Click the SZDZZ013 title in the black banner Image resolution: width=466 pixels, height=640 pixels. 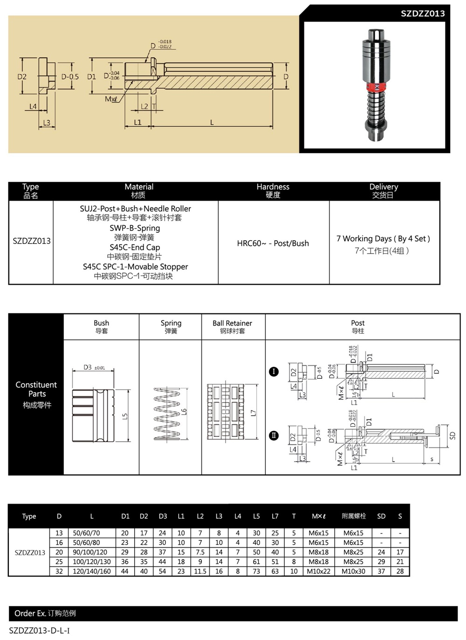(422, 14)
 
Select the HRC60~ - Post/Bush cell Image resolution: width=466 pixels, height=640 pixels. (273, 243)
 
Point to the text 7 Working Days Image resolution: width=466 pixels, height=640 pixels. (364, 238)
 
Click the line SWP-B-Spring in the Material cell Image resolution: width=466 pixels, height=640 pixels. (135, 228)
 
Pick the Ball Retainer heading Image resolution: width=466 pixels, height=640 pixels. (232, 323)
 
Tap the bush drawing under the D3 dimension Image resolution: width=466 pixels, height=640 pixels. (93, 415)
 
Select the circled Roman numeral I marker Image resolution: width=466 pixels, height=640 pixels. (274, 372)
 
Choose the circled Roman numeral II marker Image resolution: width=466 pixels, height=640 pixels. (274, 435)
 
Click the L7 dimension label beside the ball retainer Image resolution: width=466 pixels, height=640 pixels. (253, 413)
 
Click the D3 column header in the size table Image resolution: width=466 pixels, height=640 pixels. (163, 516)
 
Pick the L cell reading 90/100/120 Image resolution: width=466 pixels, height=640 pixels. (90, 552)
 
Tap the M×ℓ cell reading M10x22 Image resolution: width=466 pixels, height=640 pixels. (319, 571)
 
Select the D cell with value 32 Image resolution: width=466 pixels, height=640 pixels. (59, 571)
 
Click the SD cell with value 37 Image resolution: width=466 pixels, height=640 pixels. (381, 571)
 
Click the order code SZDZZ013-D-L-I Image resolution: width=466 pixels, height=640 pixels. (40, 631)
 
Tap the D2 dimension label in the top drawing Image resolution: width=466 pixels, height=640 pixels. (22, 77)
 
